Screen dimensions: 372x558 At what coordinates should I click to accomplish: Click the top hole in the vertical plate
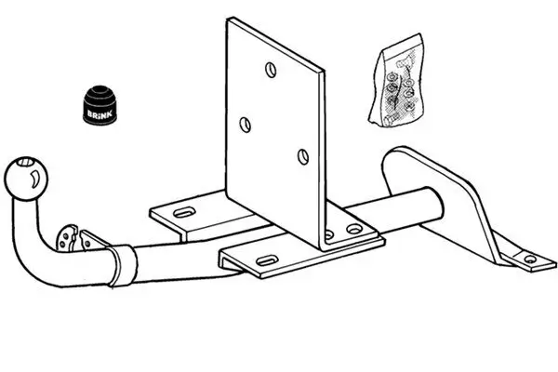270,70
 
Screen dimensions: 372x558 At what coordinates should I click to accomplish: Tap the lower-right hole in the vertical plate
302,155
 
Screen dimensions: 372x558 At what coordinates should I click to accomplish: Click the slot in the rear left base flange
185,212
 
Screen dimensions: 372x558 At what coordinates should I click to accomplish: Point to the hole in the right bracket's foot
529,259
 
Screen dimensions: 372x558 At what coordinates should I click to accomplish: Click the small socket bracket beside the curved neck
71,238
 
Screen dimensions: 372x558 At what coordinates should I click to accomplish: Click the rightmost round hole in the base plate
353,229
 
